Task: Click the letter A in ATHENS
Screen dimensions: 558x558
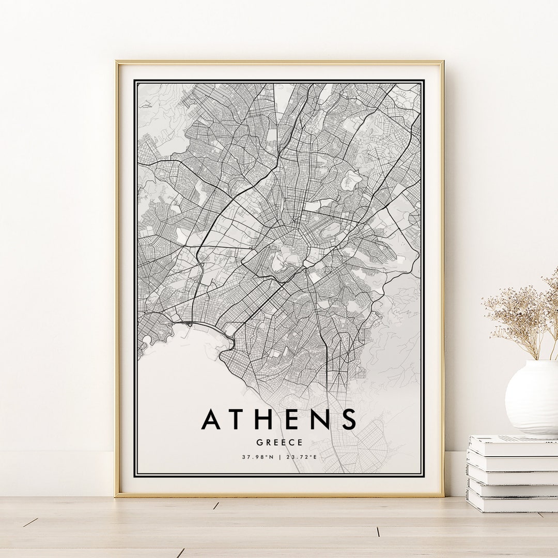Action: click(212, 419)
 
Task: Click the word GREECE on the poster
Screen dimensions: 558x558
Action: click(280, 443)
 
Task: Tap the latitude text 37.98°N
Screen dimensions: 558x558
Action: click(257, 457)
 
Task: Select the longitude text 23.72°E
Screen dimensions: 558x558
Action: click(301, 457)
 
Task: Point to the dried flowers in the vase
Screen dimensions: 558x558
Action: click(522, 315)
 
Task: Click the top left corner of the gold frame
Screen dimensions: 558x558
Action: click(117, 63)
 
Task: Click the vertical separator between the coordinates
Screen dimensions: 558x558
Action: click(279, 457)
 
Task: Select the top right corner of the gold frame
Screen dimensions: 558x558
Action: click(442, 63)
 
